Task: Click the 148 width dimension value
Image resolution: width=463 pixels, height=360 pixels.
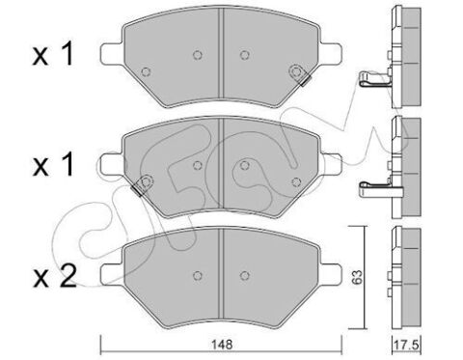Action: [222, 345]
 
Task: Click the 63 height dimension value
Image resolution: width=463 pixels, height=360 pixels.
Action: [357, 277]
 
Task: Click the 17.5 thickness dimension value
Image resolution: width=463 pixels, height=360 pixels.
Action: [406, 345]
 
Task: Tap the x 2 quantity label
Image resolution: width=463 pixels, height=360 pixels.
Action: [55, 277]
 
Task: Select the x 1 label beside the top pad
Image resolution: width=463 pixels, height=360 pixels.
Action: [53, 55]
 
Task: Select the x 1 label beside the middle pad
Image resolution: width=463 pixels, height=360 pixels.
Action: [53, 165]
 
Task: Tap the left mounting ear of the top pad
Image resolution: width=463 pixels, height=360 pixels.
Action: [112, 52]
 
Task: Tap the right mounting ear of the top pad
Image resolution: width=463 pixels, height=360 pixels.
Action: [331, 52]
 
